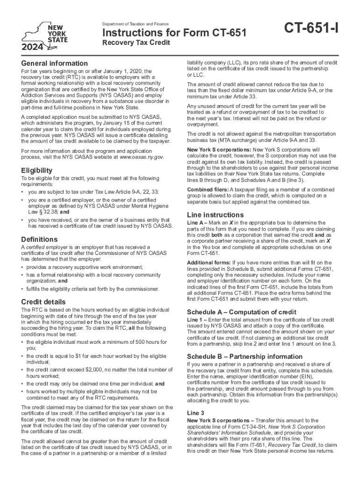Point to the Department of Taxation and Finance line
click(x=136, y=24)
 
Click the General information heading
click(x=54, y=63)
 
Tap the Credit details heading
click(x=43, y=302)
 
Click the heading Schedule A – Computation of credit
click(x=241, y=312)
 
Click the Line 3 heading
click(x=195, y=413)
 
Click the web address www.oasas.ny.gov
click(x=140, y=157)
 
